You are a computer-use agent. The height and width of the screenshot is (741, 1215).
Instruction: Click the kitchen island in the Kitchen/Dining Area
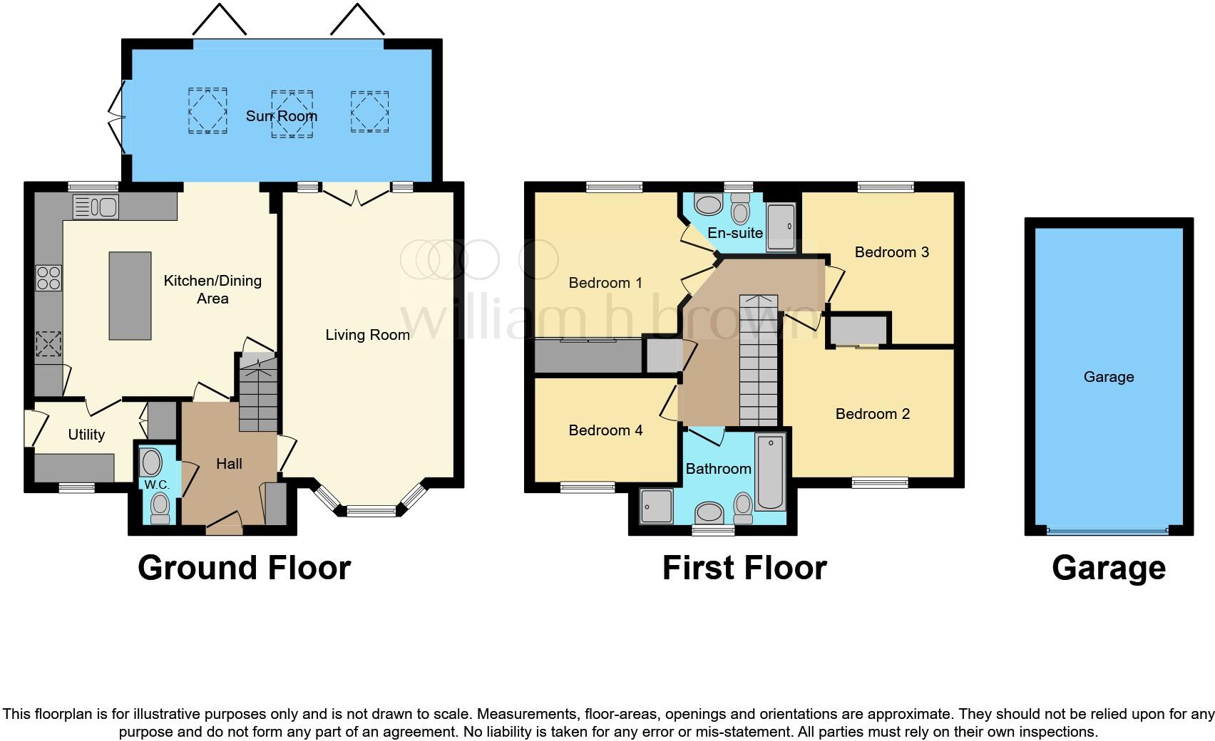coord(130,296)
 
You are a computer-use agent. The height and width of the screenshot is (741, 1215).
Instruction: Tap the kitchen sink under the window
coord(96,207)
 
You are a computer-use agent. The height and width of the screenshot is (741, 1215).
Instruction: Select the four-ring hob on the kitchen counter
coord(48,278)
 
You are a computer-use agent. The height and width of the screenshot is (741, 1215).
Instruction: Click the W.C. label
coord(157,485)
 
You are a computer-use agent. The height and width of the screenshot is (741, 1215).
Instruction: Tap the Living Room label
coord(367,335)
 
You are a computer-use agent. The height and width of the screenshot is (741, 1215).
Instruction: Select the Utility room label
coord(86,435)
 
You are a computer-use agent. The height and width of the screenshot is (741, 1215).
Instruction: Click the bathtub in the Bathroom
coord(770,472)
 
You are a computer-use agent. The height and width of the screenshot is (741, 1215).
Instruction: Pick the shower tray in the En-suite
coord(781,227)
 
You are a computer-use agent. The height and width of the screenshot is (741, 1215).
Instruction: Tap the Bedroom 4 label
coord(605,430)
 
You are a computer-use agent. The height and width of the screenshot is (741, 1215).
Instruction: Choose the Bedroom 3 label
coord(891,252)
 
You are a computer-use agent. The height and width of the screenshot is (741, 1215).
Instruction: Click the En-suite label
coord(735,233)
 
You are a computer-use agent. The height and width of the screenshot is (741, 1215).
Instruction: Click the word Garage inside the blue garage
coord(1108,378)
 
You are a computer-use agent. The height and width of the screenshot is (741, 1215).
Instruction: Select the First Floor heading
coord(744,569)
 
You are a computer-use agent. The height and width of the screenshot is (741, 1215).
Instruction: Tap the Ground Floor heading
coord(244,569)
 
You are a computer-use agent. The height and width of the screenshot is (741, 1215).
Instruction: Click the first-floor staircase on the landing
coord(758,360)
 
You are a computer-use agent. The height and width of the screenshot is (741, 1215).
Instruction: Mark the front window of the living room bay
coord(371,510)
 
